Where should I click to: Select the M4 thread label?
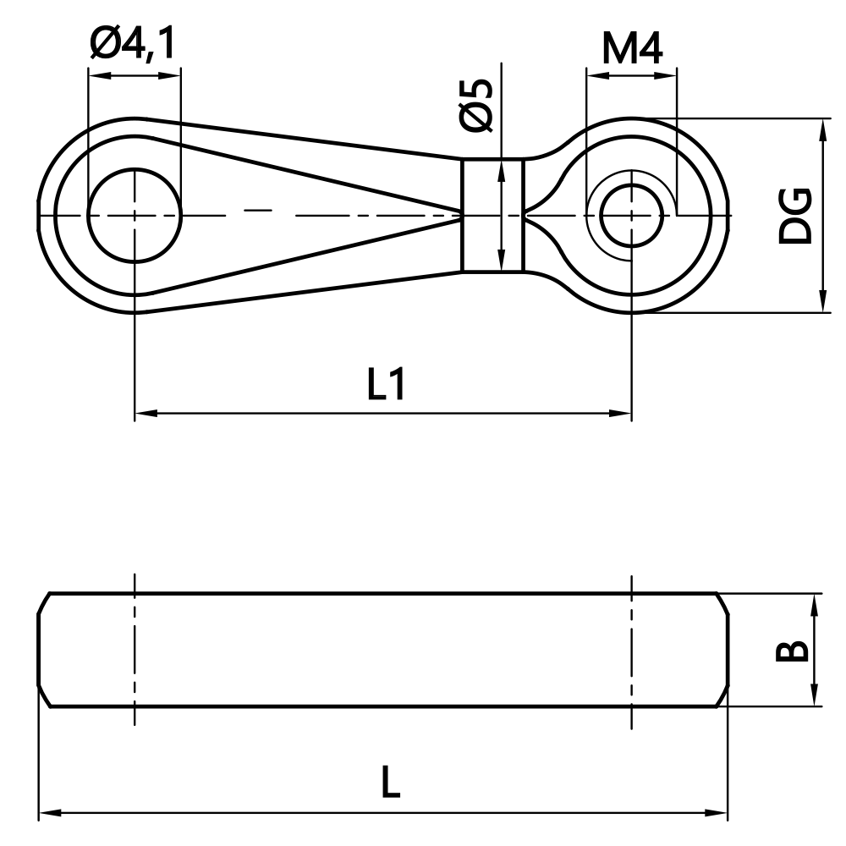(632, 50)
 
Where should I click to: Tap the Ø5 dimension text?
(477, 105)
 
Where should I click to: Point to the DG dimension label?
(795, 217)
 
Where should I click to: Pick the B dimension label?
(794, 651)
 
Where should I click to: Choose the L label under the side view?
(389, 783)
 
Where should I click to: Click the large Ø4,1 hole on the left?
(135, 216)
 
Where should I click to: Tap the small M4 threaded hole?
(630, 215)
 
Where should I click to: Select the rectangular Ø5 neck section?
(492, 216)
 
